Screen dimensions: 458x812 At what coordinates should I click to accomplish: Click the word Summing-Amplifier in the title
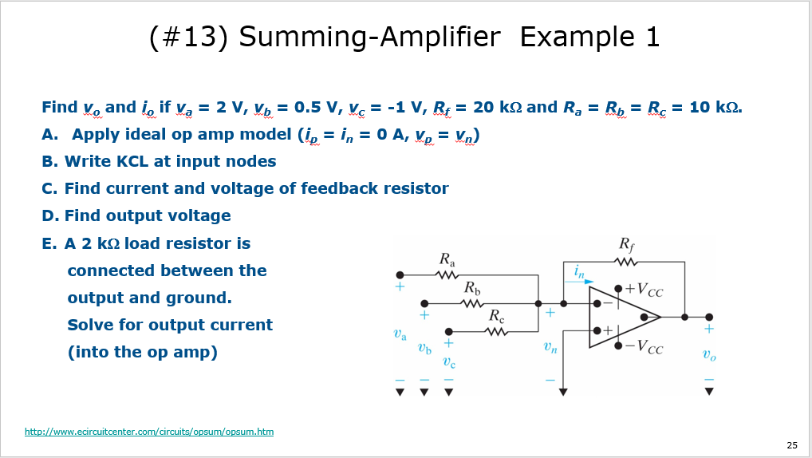369,37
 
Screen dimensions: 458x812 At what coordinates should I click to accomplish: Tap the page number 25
791,445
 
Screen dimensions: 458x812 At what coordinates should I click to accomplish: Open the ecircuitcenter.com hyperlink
149,432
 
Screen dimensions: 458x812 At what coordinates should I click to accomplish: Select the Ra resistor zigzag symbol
448,274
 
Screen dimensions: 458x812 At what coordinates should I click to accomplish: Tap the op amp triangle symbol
618,318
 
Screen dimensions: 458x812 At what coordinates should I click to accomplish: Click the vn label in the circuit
550,346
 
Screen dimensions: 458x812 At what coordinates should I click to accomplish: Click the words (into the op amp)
142,352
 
